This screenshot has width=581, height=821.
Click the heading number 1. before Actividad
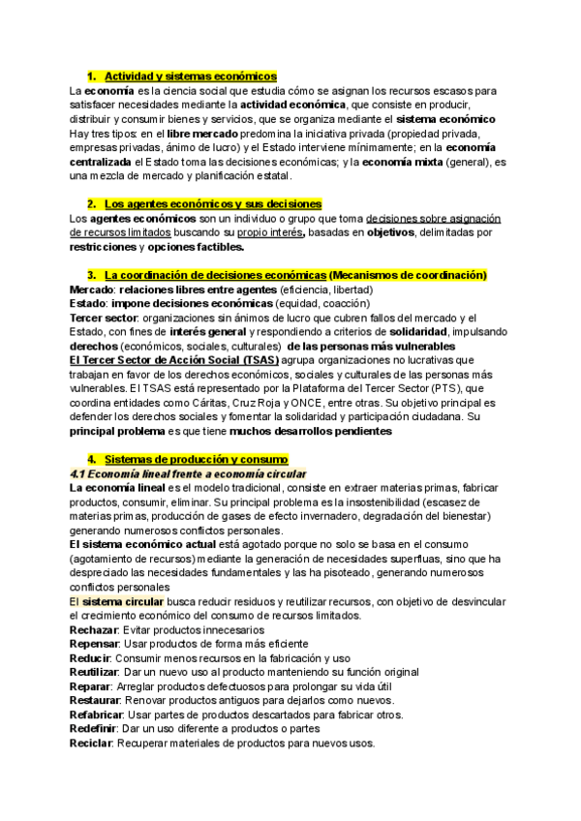(x=91, y=76)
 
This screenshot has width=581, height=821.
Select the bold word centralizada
(x=102, y=162)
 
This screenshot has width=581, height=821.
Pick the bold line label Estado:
(x=89, y=304)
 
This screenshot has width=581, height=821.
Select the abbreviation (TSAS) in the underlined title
(x=257, y=360)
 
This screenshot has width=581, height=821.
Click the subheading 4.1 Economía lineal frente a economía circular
(x=189, y=473)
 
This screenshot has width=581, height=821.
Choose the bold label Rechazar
(x=94, y=629)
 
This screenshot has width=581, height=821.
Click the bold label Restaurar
(x=94, y=700)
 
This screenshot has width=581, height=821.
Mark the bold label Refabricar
(x=96, y=715)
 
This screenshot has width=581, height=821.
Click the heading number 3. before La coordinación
(x=91, y=275)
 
